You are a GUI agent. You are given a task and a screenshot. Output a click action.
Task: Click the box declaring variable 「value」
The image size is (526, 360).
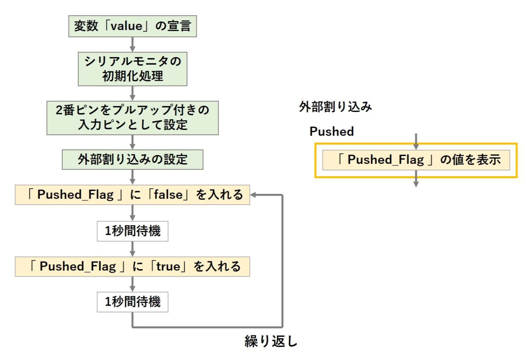132,26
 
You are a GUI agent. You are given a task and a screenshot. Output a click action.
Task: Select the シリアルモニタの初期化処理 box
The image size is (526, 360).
132,69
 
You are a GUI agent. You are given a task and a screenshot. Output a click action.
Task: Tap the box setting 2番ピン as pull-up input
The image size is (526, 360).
132,117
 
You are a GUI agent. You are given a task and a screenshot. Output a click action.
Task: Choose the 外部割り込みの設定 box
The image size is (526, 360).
132,159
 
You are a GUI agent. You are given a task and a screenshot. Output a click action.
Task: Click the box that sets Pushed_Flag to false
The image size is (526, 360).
132,195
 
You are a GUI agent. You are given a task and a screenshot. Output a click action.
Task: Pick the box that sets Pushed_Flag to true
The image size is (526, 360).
132,266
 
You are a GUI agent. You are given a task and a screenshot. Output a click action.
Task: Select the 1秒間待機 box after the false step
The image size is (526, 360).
132,231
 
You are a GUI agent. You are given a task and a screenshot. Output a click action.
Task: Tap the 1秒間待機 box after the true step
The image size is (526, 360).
132,301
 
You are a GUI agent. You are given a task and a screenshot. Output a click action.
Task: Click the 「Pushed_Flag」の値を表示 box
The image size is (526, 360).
416,160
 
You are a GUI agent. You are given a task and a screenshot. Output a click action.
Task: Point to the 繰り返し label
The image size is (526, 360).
271,341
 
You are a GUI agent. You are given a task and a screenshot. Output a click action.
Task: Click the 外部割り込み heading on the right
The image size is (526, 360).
335,107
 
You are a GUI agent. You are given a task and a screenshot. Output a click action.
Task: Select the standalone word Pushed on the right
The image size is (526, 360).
331,131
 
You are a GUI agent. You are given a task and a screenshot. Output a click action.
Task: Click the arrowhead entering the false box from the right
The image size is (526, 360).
254,195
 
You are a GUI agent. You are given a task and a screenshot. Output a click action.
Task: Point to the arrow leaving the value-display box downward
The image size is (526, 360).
416,180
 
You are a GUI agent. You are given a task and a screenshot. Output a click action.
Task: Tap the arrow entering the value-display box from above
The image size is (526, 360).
416,141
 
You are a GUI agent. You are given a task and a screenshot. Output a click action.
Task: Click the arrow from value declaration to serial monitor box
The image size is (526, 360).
132,44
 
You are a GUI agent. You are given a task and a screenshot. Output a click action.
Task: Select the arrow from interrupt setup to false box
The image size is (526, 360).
132,177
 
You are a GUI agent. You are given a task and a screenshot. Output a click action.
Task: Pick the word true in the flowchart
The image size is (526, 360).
168,266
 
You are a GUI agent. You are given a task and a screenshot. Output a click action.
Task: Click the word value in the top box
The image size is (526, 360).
126,26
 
